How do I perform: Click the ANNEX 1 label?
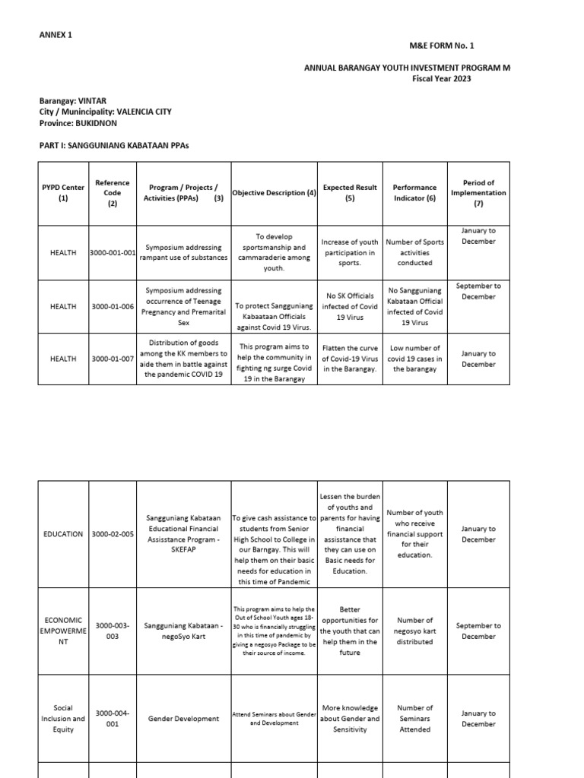coord(56,35)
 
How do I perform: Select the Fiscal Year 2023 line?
coord(442,78)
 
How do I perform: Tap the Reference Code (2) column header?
coord(113,193)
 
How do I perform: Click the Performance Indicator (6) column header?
coord(414,193)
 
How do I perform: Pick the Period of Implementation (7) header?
coord(478,193)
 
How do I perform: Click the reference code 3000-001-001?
coord(113,252)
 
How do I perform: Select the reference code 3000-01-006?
coord(113,306)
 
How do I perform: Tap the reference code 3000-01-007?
coord(113,359)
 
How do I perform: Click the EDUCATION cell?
coord(63,534)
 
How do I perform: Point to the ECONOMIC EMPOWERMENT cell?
coord(63,631)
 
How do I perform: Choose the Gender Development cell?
coord(183,719)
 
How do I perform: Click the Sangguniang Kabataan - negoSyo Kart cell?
coord(183,626)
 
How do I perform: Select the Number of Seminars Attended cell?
coord(414,719)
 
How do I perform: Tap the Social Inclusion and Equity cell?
coord(63,719)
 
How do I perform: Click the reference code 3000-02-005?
coord(113,534)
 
